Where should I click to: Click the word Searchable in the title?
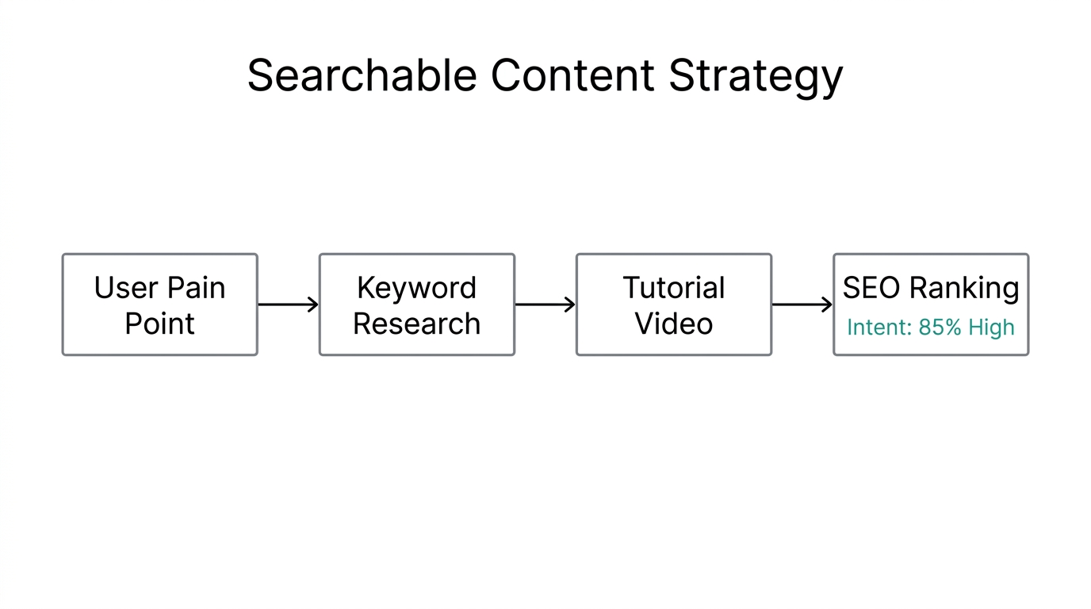pyautogui.click(x=362, y=76)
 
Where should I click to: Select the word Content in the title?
pyautogui.click(x=572, y=76)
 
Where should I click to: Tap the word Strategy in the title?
pyautogui.click(x=756, y=76)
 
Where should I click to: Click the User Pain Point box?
pyautogui.click(x=159, y=304)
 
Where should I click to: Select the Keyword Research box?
pyautogui.click(x=416, y=304)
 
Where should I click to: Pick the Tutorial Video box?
pyautogui.click(x=673, y=304)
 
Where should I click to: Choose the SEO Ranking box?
pyautogui.click(x=930, y=304)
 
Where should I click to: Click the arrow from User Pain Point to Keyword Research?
pyautogui.click(x=288, y=304)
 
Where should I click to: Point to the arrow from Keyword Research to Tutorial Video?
pyautogui.click(x=545, y=304)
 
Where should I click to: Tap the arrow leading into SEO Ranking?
pyautogui.click(x=802, y=304)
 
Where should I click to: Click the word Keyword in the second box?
pyautogui.click(x=416, y=288)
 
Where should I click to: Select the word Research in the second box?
pyautogui.click(x=416, y=324)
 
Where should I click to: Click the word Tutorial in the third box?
pyautogui.click(x=673, y=288)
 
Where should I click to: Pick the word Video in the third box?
pyautogui.click(x=673, y=324)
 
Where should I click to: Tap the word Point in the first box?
pyautogui.click(x=159, y=324)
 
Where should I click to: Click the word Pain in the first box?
pyautogui.click(x=195, y=288)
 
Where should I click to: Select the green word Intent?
pyautogui.click(x=879, y=327)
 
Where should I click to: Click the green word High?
pyautogui.click(x=991, y=327)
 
